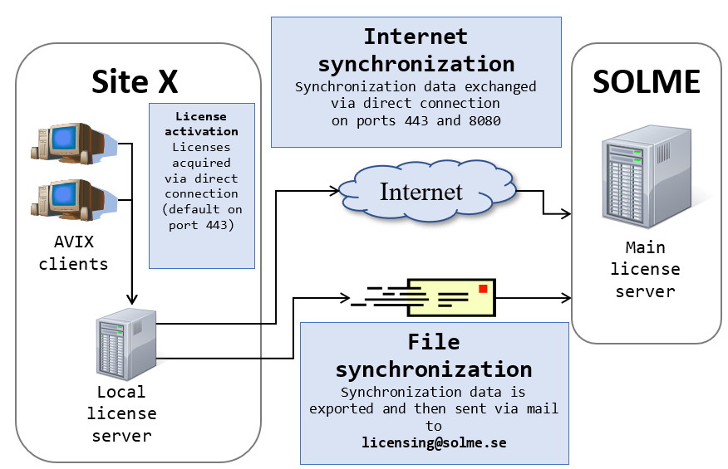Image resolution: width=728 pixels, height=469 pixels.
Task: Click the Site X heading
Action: tap(135, 81)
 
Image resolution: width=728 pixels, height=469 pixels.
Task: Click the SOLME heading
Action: tap(646, 81)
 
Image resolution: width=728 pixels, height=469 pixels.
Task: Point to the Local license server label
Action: tap(121, 413)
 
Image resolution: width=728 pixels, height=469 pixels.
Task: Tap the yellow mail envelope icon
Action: tap(454, 297)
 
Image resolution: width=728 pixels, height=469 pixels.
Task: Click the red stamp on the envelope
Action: tap(482, 288)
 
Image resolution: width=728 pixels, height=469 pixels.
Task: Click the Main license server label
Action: tap(645, 269)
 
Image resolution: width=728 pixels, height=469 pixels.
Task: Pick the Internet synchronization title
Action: tap(416, 50)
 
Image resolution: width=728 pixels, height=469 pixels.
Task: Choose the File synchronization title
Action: tap(434, 355)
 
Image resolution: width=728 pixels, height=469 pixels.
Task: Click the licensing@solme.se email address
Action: tap(434, 442)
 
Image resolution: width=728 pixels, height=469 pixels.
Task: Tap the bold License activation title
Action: tap(201, 124)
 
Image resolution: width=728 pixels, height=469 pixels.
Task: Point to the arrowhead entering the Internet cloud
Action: tap(334, 192)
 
